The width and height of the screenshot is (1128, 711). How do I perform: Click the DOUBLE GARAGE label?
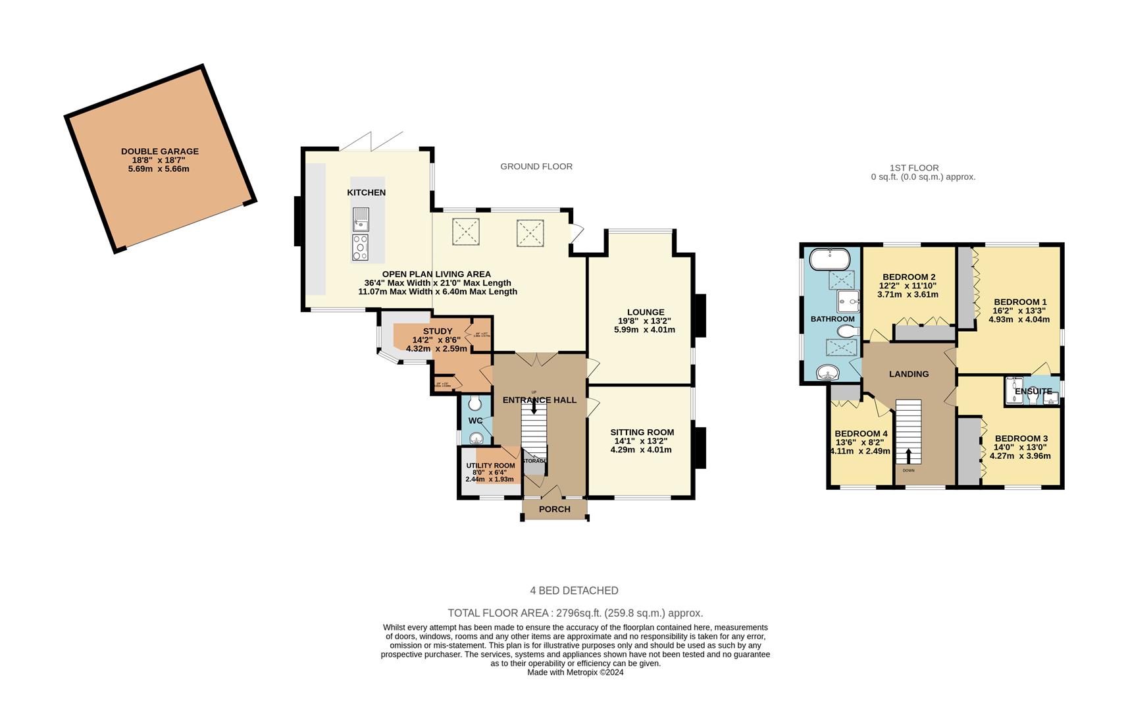[x=159, y=151]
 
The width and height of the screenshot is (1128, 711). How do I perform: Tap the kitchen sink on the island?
[x=361, y=219]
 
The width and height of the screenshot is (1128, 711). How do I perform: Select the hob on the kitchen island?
[x=360, y=247]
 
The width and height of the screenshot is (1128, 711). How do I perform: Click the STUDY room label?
[x=437, y=331]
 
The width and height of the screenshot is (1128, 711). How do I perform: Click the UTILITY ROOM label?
[x=490, y=465]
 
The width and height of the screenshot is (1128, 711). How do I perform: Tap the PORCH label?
[x=554, y=509]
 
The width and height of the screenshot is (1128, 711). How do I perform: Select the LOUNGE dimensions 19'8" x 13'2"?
[x=644, y=321]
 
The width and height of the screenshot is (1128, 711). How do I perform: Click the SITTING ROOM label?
[x=642, y=433]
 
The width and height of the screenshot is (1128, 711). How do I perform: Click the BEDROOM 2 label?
[x=908, y=276]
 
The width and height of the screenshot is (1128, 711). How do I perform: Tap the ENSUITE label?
[x=1033, y=391]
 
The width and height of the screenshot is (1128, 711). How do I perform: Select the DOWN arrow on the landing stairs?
[x=909, y=456]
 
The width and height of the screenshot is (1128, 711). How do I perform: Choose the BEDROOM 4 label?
[x=861, y=433]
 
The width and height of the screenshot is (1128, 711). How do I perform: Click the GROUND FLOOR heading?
[x=536, y=167]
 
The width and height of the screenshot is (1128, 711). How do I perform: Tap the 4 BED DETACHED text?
[x=574, y=591]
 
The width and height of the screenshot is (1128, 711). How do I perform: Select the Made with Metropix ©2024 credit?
[x=575, y=672]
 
